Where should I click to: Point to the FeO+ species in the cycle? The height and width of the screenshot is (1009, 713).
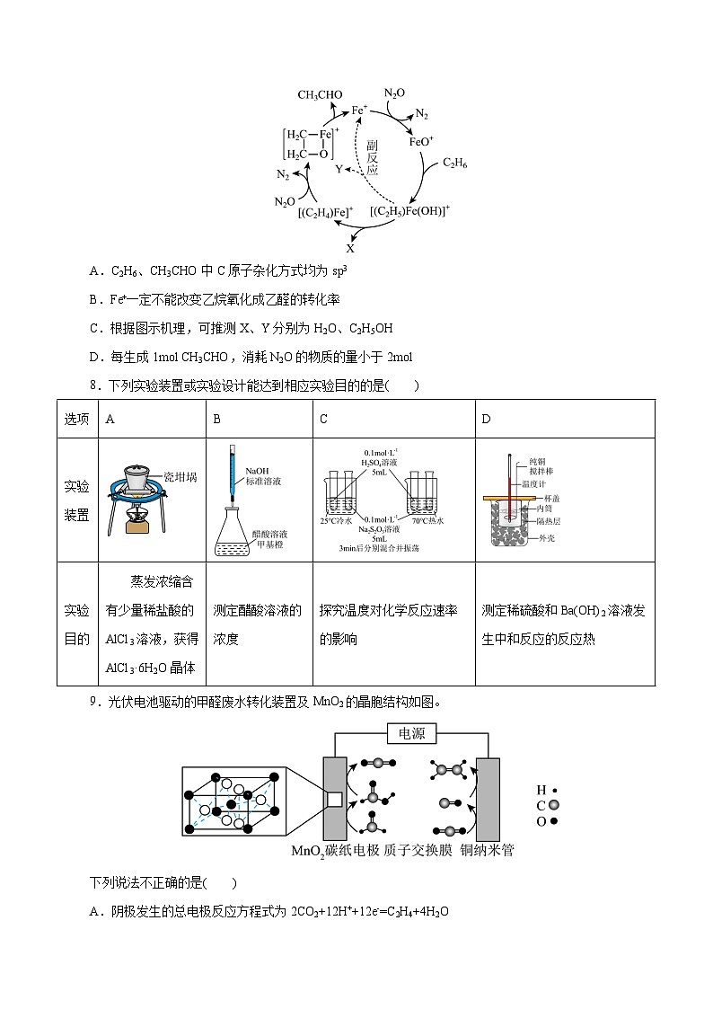tap(421, 141)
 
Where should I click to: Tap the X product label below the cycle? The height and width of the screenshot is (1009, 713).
tap(350, 248)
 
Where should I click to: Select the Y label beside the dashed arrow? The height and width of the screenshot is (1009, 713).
tap(339, 168)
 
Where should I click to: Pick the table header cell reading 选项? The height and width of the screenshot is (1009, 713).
tap(77, 419)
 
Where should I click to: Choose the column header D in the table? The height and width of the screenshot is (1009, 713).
tap(487, 419)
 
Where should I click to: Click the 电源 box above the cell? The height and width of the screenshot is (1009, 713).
tap(411, 734)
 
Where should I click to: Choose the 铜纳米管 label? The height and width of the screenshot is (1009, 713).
tap(487, 850)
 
